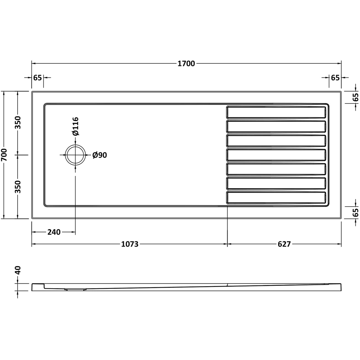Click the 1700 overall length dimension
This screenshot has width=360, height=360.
186,64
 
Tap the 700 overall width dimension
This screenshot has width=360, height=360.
5,155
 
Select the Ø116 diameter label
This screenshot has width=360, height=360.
75,126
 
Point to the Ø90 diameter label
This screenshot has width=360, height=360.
100,155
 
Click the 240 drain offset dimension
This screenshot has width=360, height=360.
54,232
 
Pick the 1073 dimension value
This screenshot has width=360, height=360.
130,244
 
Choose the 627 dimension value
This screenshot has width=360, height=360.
284,244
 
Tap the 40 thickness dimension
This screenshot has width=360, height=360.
18,270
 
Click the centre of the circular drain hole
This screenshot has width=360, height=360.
75,155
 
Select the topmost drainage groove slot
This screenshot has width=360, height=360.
276,112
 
